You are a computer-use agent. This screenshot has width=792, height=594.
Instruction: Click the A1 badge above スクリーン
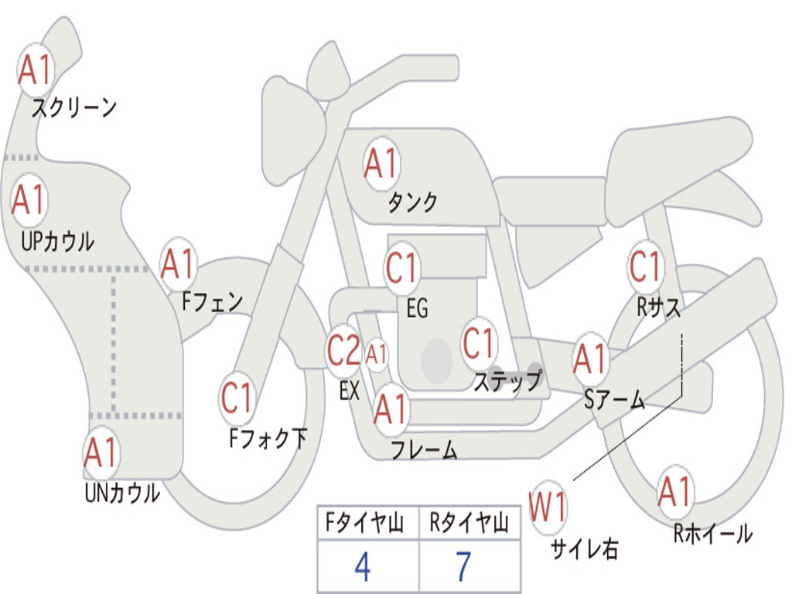[x=36, y=69]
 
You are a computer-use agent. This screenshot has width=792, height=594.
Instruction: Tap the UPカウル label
[x=57, y=241]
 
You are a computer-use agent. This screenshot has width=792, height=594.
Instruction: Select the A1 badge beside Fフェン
[x=179, y=264]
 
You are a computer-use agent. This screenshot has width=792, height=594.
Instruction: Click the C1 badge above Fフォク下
[x=237, y=398]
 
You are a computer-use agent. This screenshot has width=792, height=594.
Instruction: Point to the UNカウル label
[x=123, y=493]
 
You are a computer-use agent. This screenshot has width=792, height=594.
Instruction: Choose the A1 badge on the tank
[x=382, y=164]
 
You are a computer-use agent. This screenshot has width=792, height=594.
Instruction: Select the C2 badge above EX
[x=344, y=350]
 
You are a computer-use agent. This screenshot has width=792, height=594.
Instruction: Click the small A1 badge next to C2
[x=376, y=354]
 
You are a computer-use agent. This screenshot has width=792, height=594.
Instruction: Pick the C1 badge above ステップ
[x=479, y=343]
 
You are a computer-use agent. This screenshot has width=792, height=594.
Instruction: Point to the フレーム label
[x=425, y=449]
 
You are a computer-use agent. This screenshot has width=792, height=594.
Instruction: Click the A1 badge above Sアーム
[x=590, y=359]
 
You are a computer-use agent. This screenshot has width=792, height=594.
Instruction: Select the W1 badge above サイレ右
[x=548, y=507]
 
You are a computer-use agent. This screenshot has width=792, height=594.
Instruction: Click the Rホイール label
[x=712, y=534]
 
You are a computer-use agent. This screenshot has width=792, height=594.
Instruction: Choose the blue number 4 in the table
[x=363, y=567]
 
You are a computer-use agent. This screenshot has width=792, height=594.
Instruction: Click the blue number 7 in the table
[x=464, y=567]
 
